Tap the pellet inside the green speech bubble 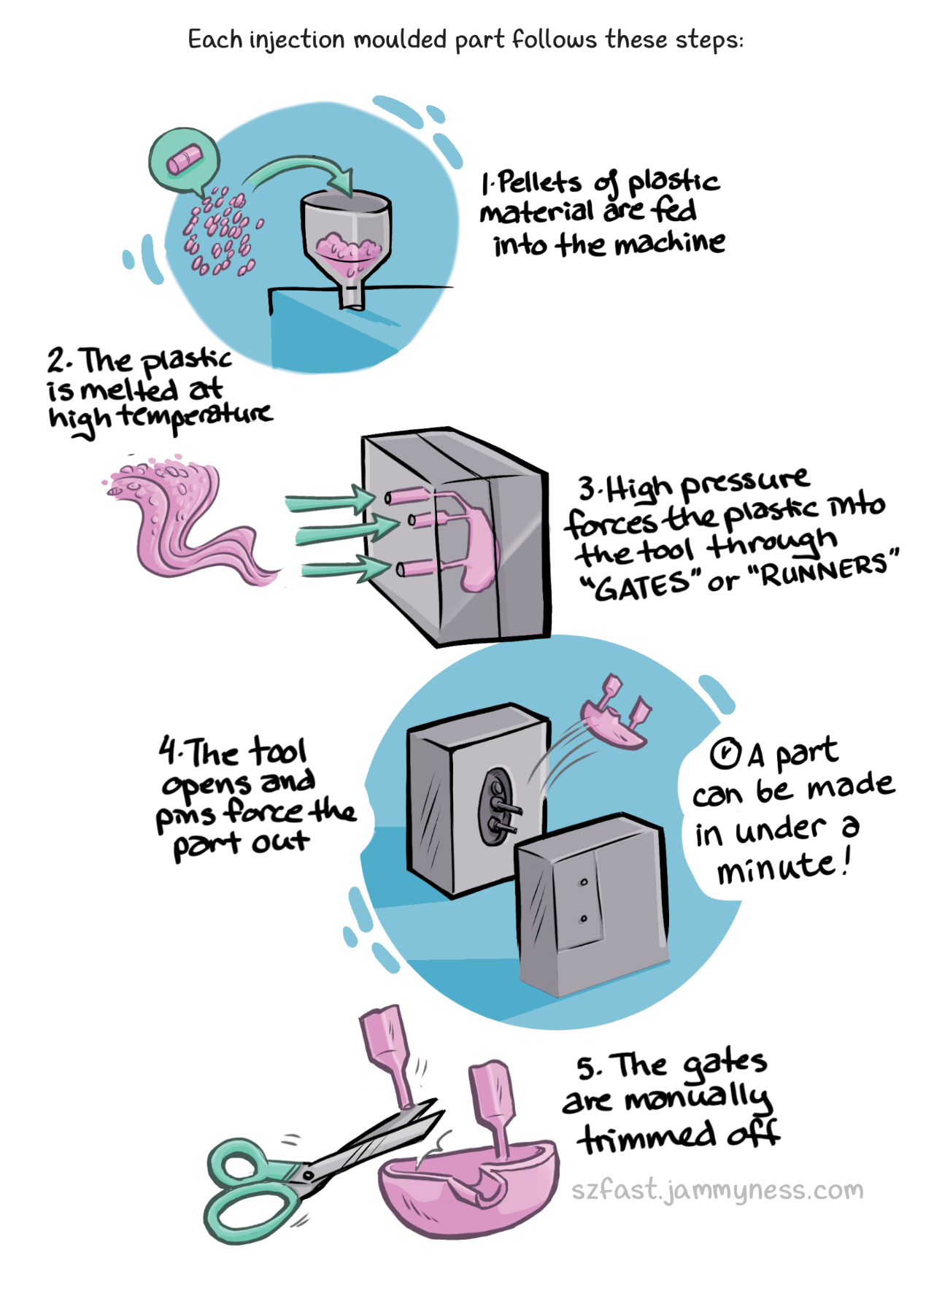(183, 160)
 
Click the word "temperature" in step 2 (196, 416)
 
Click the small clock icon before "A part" (725, 754)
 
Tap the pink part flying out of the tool (615, 713)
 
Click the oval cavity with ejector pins (496, 805)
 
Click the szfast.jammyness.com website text (717, 1190)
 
